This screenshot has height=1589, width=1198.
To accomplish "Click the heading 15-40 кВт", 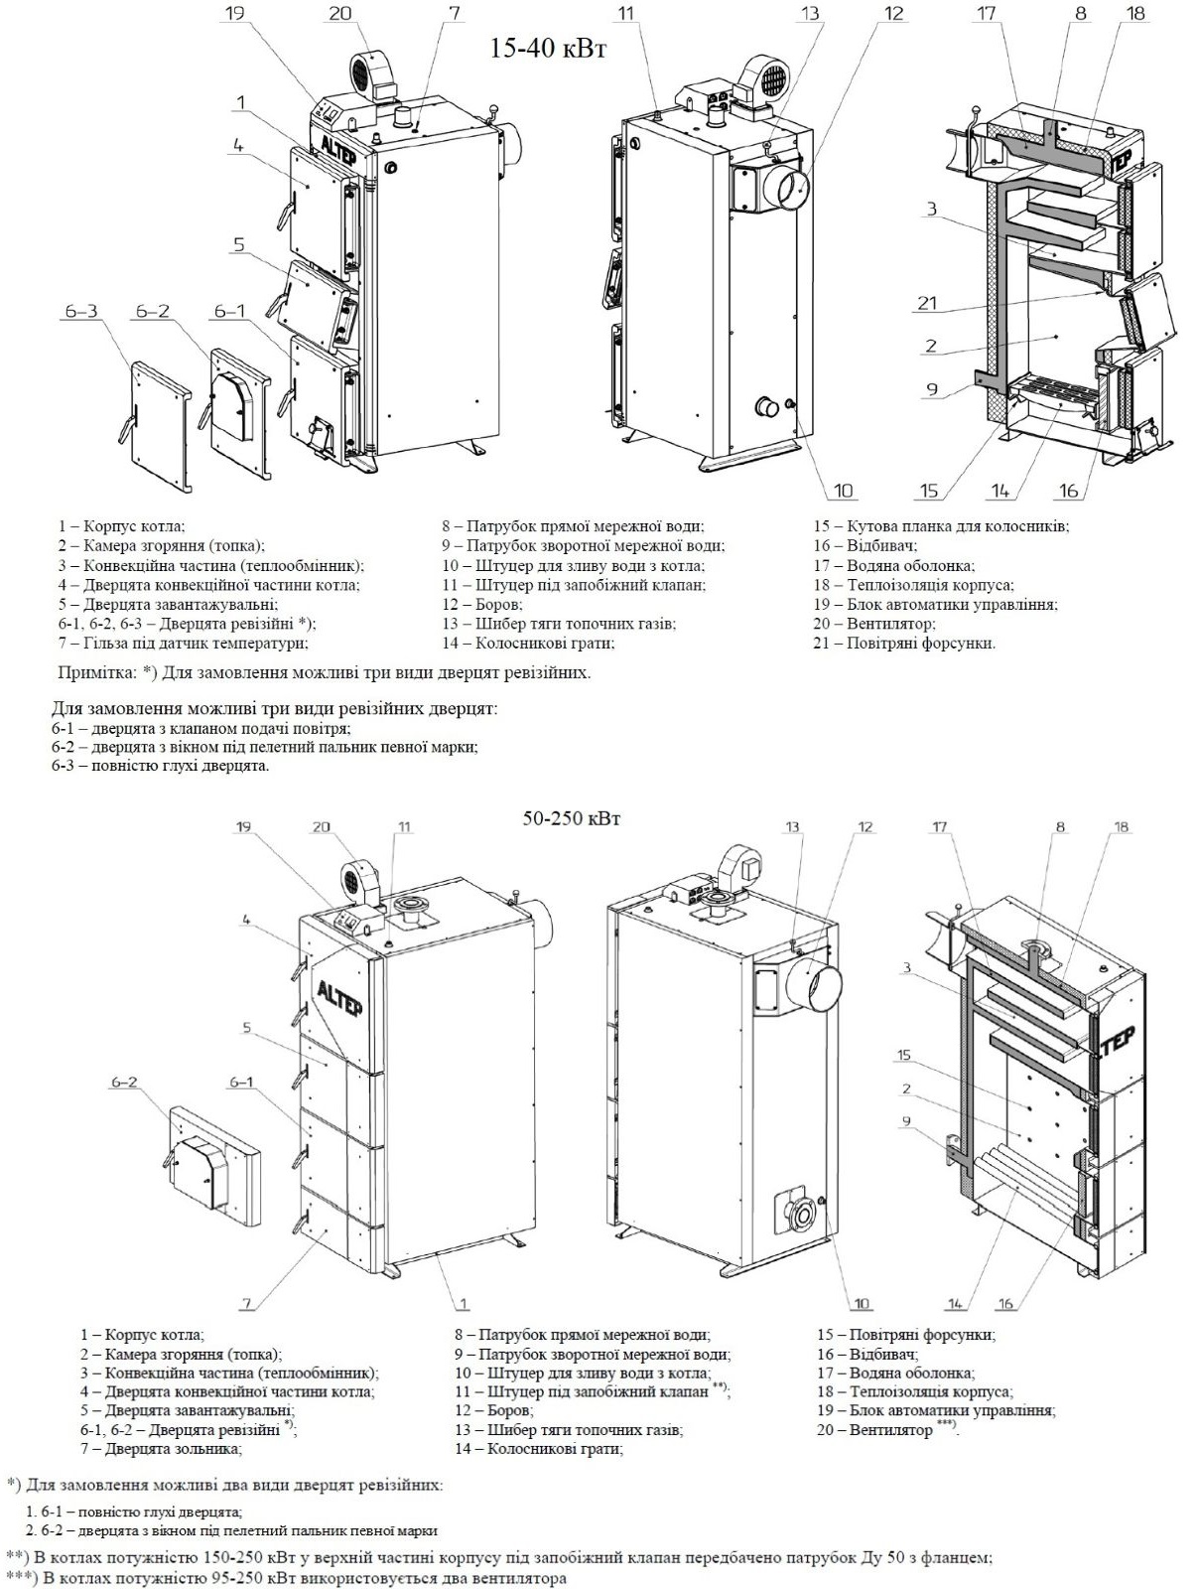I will [x=547, y=49].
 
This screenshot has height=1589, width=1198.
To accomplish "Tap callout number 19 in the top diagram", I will [x=234, y=14].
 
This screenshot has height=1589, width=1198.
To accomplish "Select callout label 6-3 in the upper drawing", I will [x=81, y=312].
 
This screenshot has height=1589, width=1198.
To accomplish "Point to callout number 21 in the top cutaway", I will [x=926, y=304].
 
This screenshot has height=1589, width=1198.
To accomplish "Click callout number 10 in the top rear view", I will [x=843, y=490].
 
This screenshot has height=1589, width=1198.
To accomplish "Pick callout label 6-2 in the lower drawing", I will [x=124, y=1083].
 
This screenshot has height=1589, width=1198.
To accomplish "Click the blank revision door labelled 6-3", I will [x=157, y=422].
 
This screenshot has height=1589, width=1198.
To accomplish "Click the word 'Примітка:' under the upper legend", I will [x=96, y=672].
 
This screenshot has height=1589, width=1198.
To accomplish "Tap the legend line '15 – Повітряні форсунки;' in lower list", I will [x=905, y=1335].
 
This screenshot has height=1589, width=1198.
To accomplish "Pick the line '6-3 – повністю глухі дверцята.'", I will [x=161, y=766].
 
